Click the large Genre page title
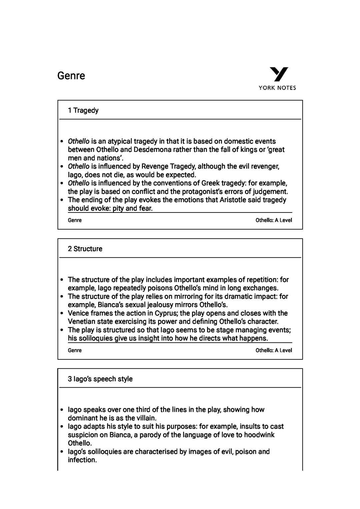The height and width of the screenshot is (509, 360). [71, 76]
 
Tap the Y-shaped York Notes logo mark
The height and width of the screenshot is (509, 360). [279, 74]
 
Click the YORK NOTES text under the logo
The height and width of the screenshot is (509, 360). [277, 88]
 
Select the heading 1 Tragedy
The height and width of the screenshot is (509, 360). [83, 110]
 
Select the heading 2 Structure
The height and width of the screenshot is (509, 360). [85, 249]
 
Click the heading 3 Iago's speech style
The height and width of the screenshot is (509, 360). [100, 379]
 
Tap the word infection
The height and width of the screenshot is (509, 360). [82, 460]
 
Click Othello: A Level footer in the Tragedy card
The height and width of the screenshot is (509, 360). [273, 220]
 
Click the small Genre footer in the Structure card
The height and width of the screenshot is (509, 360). [75, 350]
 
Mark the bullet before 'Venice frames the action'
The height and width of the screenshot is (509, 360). [62, 313]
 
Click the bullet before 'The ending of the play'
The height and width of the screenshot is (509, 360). [62, 200]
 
